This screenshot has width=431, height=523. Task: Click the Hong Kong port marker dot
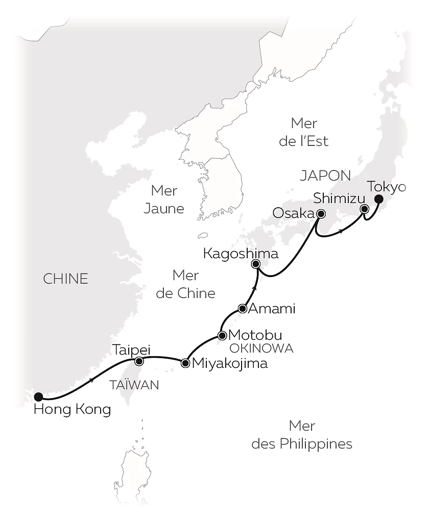tap(38, 396)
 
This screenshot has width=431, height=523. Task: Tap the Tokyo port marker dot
tap(379, 200)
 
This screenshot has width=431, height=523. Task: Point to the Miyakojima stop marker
tap(185, 363)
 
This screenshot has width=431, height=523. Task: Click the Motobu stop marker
tap(222, 335)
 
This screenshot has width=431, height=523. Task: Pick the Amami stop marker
tap(243, 309)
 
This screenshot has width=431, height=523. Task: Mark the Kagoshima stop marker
tap(256, 264)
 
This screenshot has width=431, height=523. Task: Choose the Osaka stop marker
tap(320, 214)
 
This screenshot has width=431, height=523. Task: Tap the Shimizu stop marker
tap(364, 209)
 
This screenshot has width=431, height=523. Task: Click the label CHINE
tap(65, 279)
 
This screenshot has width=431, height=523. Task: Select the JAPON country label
tap(325, 176)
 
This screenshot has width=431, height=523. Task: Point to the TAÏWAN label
tap(134, 385)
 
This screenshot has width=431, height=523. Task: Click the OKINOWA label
tap(261, 348)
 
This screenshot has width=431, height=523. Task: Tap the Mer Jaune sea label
tap(164, 200)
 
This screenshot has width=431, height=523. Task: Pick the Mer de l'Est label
tap(304, 132)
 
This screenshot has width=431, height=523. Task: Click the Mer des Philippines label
tap(302, 435)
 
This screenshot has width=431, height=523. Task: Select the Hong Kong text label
tap(71, 409)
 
